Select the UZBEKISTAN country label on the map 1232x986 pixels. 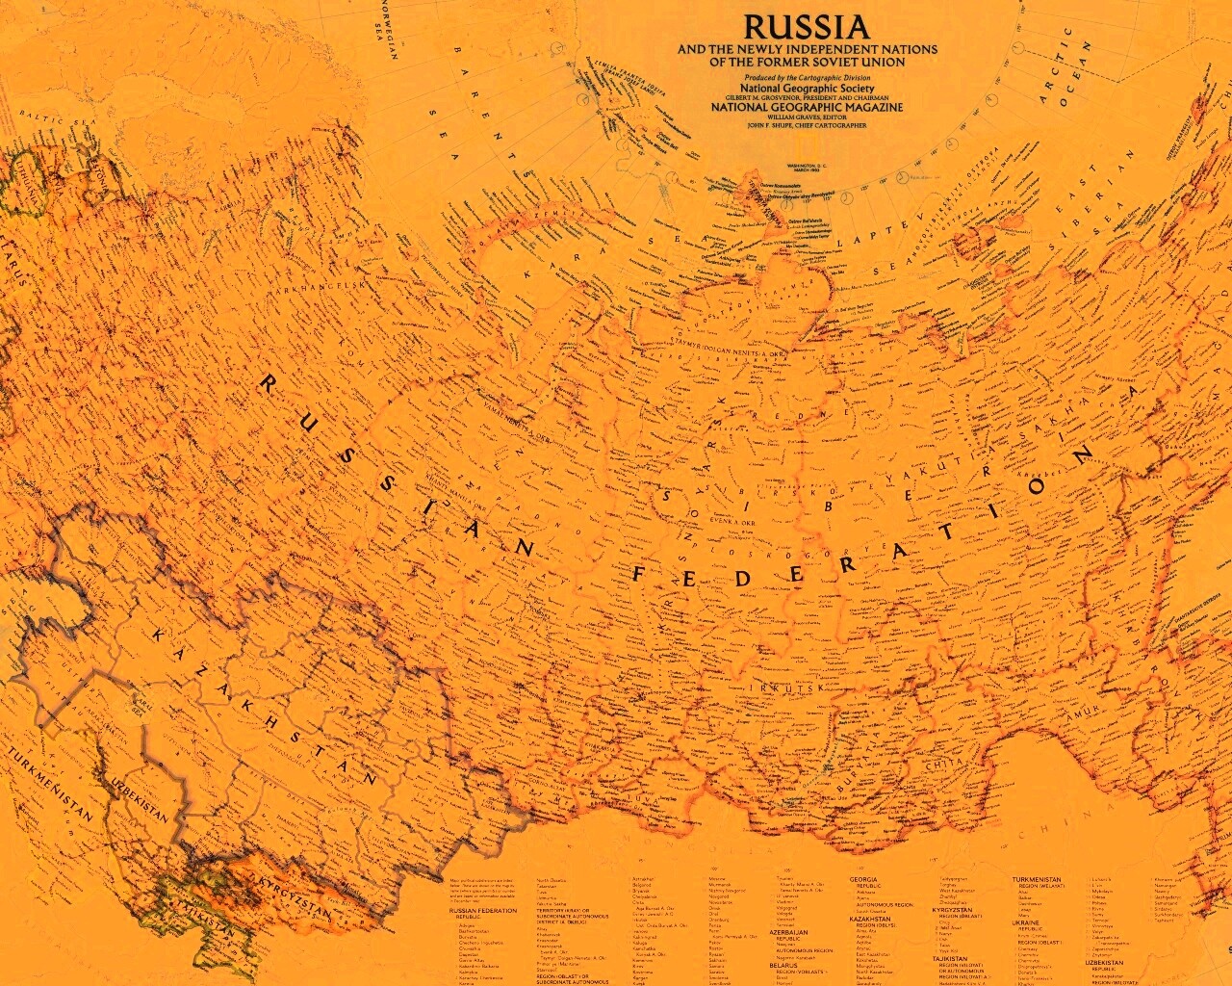(139, 798)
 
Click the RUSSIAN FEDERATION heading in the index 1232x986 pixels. (477, 910)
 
